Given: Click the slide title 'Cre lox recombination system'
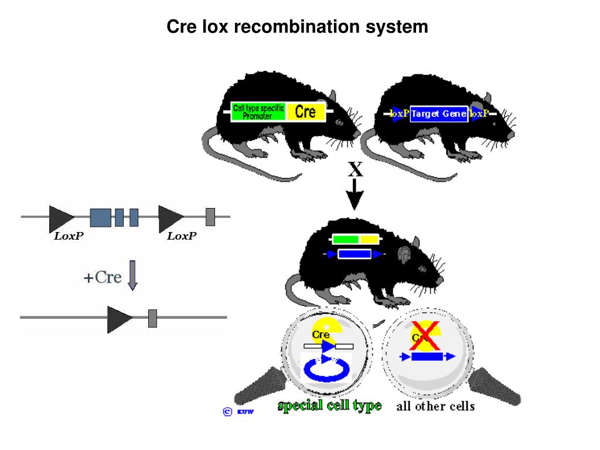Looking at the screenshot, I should pyautogui.click(x=298, y=26).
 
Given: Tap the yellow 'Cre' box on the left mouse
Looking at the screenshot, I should pyautogui.click(x=305, y=111).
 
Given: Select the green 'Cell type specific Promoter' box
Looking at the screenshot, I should pyautogui.click(x=258, y=111).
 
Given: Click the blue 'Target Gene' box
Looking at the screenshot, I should pyautogui.click(x=439, y=114).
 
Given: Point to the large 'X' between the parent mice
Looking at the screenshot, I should pyautogui.click(x=355, y=170).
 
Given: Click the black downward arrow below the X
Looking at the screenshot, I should pyautogui.click(x=355, y=196).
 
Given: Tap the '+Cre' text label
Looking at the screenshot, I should pyautogui.click(x=103, y=277).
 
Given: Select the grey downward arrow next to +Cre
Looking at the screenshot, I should pyautogui.click(x=132, y=275).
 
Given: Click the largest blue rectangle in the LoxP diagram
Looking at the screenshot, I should pyautogui.click(x=100, y=217).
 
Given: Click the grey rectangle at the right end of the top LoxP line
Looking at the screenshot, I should pyautogui.click(x=210, y=217).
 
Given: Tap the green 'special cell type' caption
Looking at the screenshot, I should pyautogui.click(x=329, y=405).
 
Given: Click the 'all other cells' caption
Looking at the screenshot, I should pyautogui.click(x=435, y=405).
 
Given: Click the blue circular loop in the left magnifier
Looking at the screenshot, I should pyautogui.click(x=326, y=370).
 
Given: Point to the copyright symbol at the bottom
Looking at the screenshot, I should pyautogui.click(x=228, y=411).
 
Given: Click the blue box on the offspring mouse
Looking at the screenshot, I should pyautogui.click(x=354, y=254).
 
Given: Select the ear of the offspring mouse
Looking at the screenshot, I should pyautogui.click(x=404, y=254).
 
